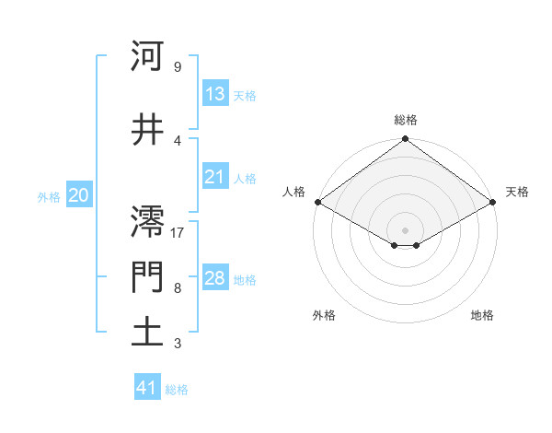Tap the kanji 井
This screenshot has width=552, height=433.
point(147,130)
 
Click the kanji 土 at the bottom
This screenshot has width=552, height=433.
point(147,333)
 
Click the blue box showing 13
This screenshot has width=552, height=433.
point(215,94)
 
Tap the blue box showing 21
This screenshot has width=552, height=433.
point(215,177)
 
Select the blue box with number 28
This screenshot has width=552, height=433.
point(215,278)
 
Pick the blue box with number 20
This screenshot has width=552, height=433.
point(79,195)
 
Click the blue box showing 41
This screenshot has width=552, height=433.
point(147,388)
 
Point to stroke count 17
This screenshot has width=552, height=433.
point(178,233)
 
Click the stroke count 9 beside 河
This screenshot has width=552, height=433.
point(177,67)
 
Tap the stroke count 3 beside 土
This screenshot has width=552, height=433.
point(177,344)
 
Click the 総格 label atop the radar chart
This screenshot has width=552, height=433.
point(406,120)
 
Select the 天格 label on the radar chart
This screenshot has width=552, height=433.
point(517,192)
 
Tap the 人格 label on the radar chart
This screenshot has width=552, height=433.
point(293,192)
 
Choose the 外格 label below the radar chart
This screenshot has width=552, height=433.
point(324,316)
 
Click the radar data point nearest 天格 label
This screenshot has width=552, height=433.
point(494,202)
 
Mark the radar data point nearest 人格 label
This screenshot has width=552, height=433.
point(316,202)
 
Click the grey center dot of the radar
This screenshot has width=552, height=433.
point(406,229)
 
